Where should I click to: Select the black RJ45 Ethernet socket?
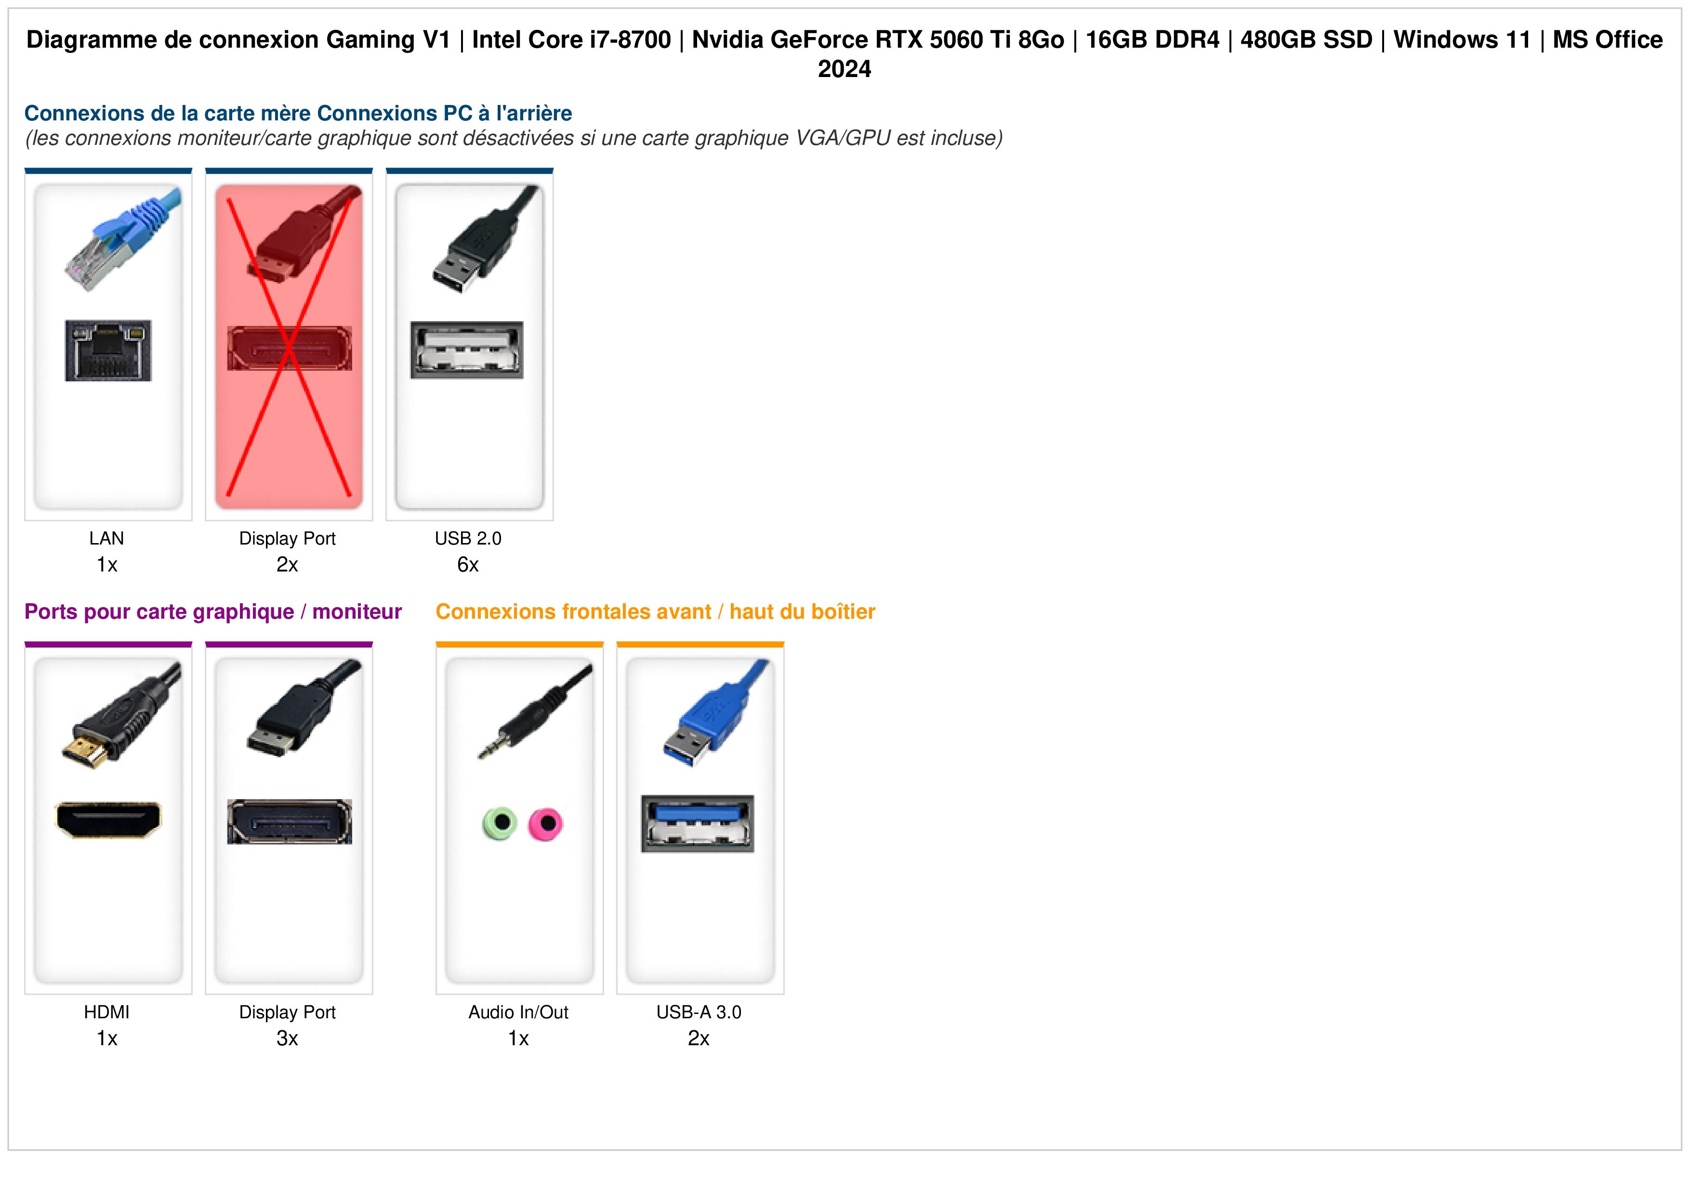click(108, 350)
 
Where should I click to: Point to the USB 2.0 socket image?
click(467, 350)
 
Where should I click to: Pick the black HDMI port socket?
click(108, 819)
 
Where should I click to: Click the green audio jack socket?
click(499, 823)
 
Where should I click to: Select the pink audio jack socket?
click(545, 824)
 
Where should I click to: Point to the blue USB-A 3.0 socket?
click(698, 824)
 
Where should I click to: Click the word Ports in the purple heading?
click(50, 611)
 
